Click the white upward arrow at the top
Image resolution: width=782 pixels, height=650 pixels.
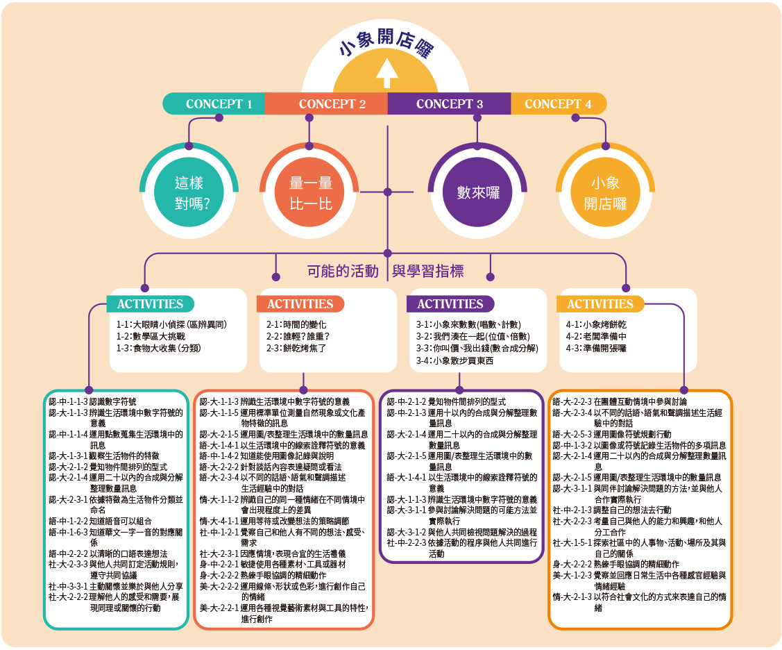[x=386, y=70]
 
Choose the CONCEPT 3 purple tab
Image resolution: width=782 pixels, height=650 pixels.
[x=449, y=104]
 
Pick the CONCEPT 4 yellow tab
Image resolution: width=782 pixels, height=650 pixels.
[x=558, y=104]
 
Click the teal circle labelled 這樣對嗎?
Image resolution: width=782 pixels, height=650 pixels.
[x=189, y=193]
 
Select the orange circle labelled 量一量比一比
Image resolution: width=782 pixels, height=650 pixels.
[x=309, y=193]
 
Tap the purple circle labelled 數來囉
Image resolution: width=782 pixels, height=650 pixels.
[x=478, y=192]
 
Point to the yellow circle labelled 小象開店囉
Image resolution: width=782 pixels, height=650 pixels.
[x=605, y=193]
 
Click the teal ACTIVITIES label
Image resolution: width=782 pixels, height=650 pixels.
[x=150, y=304]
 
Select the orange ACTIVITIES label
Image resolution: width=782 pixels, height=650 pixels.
[x=300, y=304]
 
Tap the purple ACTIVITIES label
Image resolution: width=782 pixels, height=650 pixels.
[x=450, y=304]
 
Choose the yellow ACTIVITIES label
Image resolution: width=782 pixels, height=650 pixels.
[x=600, y=304]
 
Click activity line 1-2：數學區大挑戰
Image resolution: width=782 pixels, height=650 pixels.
[x=151, y=335]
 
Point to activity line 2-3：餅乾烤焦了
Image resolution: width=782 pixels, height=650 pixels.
[x=296, y=347]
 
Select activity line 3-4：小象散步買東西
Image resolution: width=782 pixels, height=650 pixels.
[x=454, y=360]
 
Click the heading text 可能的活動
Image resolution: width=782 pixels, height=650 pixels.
[x=343, y=271]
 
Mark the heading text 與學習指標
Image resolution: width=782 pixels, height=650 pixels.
[x=427, y=271]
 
